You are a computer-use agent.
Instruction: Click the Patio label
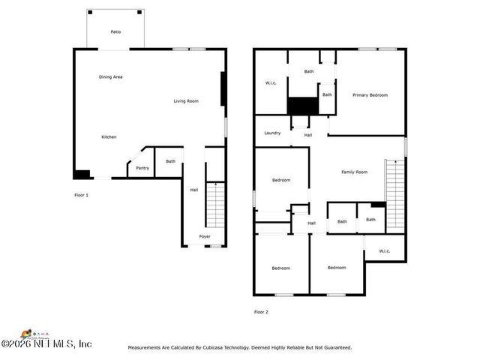(115, 32)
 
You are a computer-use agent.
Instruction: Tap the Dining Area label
(110, 77)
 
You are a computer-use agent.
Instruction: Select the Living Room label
(186, 101)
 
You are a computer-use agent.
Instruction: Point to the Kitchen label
(109, 136)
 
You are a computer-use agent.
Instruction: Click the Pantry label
(142, 168)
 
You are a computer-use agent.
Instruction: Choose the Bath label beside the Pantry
(170, 161)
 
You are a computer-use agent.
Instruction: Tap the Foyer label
(205, 236)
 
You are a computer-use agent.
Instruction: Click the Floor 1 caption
(81, 196)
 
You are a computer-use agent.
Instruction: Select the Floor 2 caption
(261, 311)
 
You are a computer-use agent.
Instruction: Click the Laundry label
(272, 133)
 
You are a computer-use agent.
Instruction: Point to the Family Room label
(354, 172)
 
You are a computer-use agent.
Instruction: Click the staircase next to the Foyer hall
(214, 205)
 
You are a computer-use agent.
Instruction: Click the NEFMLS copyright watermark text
(46, 343)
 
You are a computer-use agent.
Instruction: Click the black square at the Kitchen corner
(81, 175)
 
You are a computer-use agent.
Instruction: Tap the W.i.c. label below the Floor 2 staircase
(384, 251)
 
